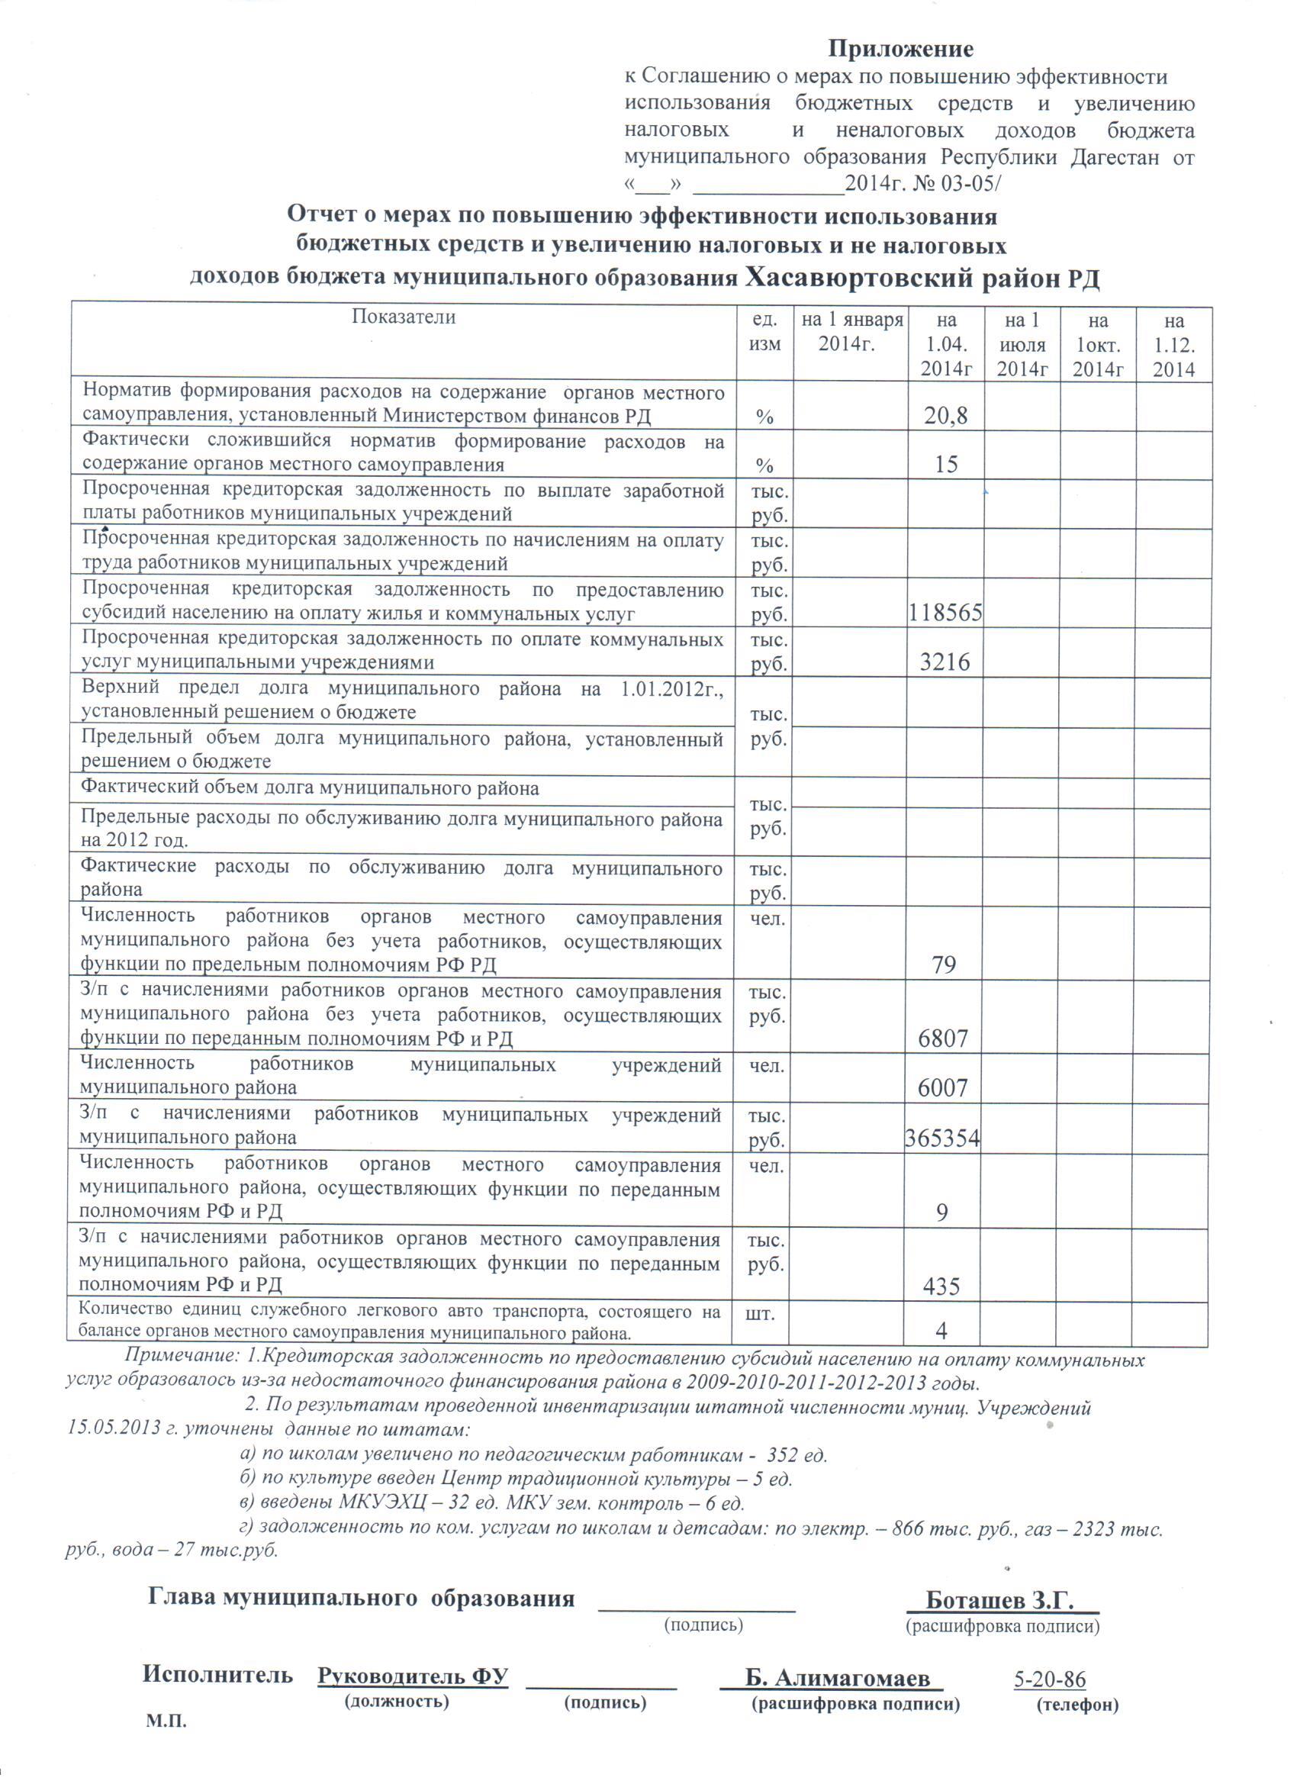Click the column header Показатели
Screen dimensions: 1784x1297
[404, 317]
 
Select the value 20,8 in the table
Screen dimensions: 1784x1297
[945, 415]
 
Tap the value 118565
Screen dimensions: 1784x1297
[945, 613]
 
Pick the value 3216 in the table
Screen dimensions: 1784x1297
[945, 662]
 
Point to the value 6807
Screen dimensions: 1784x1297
[943, 1039]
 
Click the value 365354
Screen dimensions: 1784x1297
[942, 1138]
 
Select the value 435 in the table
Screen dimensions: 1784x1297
[941, 1286]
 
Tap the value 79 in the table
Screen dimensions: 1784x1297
[944, 964]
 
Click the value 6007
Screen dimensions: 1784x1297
[943, 1088]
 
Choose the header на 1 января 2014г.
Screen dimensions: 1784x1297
[851, 332]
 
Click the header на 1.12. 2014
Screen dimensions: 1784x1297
[1173, 345]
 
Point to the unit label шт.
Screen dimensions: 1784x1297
[759, 1312]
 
